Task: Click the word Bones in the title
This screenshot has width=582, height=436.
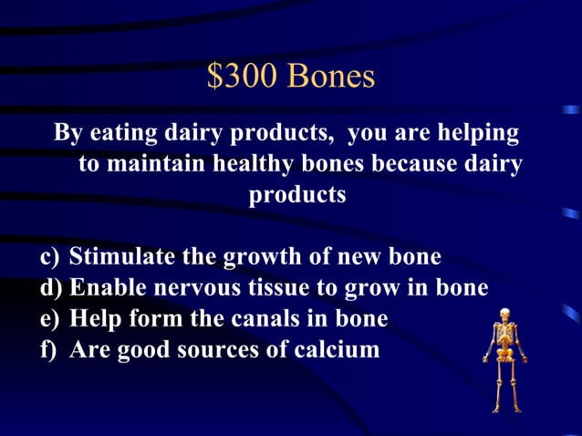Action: click(331, 77)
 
